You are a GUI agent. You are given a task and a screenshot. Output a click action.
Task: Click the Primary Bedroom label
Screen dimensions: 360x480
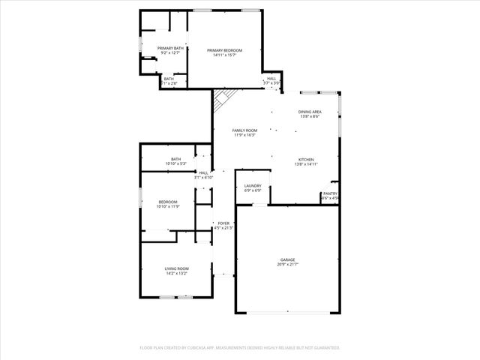pos(224,49)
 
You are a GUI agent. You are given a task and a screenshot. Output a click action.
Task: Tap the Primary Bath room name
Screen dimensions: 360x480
pos(169,48)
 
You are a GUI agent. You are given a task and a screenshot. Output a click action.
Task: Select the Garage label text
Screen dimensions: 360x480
pos(288,259)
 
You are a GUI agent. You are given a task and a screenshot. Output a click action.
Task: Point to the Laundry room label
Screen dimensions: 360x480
pos(253,186)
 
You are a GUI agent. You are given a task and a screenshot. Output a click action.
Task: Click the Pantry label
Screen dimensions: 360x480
pos(330,193)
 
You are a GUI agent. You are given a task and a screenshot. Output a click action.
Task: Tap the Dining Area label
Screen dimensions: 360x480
pos(310,112)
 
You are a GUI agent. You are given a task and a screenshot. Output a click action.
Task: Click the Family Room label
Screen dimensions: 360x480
pos(244,130)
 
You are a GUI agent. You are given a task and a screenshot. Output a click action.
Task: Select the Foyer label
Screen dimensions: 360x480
pos(223,223)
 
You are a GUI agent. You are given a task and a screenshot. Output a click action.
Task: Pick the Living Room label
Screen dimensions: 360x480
pos(176,268)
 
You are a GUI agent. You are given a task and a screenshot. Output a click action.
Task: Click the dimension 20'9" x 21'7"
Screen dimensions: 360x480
pos(288,265)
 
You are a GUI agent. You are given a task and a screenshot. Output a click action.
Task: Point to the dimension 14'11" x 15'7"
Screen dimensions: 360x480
pos(224,55)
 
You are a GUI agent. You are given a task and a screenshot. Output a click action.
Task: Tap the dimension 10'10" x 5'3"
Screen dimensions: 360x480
pos(175,163)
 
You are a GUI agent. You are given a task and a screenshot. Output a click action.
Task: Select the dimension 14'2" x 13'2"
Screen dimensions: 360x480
pos(176,274)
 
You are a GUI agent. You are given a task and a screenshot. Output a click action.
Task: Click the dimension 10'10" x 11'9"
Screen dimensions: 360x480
pos(167,206)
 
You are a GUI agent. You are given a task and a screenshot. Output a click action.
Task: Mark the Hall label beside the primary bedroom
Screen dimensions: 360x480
pos(271,78)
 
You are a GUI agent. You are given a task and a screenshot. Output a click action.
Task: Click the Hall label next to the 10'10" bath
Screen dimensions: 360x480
pos(203,172)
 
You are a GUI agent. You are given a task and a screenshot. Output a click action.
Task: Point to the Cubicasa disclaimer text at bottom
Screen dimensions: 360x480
pos(240,348)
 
